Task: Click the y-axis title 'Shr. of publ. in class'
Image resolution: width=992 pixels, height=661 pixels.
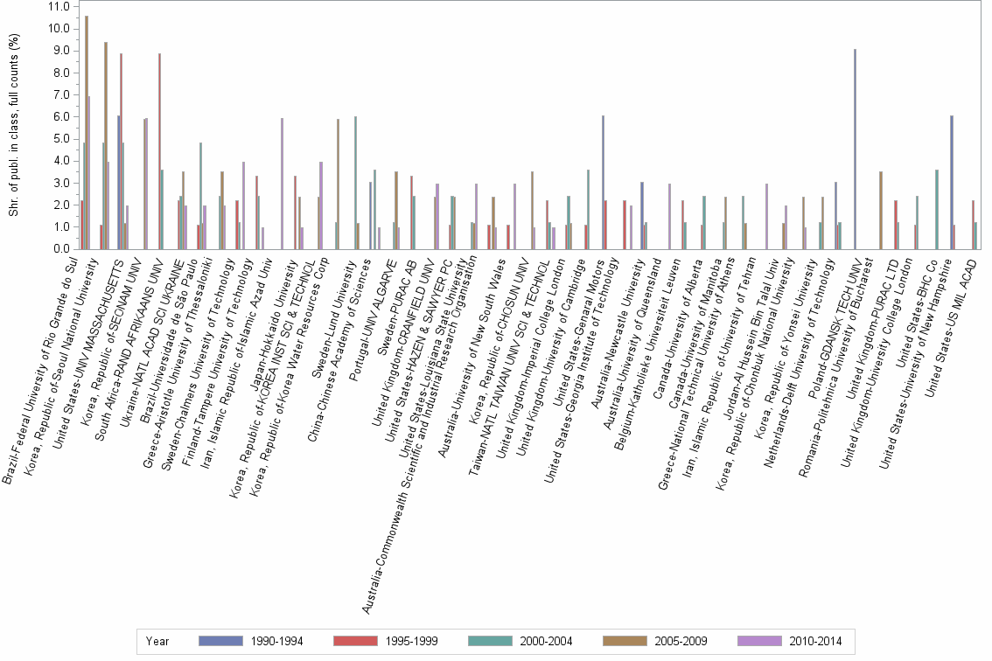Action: [x=12, y=127]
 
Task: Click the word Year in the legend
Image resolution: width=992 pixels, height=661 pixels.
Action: [x=157, y=641]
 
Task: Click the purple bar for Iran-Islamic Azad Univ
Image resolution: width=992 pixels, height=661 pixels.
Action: [x=282, y=184]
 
